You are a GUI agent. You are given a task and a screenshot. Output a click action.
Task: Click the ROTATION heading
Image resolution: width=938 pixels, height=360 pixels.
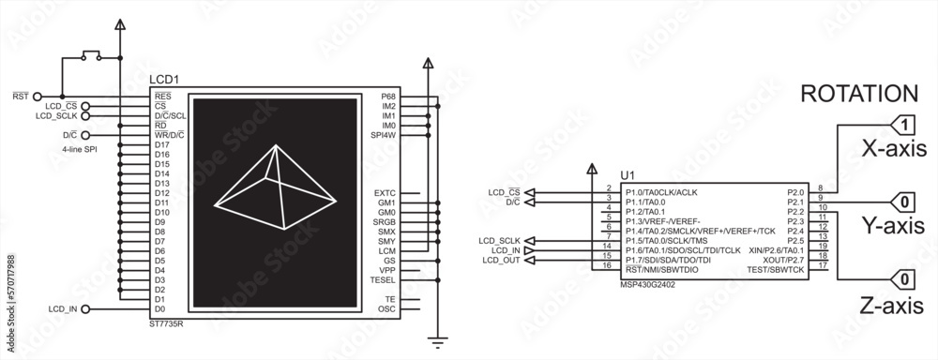[857, 94]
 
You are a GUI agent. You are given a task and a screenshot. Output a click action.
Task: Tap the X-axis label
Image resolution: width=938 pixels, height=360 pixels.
[894, 148]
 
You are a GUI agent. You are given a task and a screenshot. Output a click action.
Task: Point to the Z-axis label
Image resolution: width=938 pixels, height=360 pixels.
[893, 305]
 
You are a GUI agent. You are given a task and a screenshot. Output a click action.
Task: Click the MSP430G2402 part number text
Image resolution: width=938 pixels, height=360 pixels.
[647, 283]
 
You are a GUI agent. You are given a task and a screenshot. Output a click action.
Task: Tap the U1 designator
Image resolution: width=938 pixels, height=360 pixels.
[628, 175]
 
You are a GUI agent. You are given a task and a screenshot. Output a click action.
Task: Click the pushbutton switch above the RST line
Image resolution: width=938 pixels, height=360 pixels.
[92, 56]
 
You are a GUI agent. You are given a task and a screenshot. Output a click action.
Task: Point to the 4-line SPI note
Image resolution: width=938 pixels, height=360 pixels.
[78, 149]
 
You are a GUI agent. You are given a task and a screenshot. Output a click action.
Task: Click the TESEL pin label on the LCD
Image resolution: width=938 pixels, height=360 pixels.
[384, 279]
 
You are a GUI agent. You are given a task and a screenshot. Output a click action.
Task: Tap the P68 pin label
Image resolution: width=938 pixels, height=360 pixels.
[388, 97]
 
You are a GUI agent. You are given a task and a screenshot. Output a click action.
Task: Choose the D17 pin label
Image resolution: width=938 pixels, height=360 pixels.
[162, 144]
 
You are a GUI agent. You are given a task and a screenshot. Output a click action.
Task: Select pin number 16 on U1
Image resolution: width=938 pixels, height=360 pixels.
[608, 266]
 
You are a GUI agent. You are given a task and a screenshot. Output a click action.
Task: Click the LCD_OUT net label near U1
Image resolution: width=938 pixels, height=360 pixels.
[501, 260]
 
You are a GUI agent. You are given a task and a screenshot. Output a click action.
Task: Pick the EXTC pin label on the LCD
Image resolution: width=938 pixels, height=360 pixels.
[385, 192]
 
